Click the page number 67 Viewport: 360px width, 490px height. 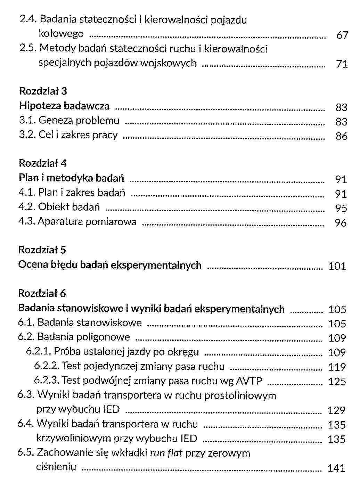click(x=342, y=35)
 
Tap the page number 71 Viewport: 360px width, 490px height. click(x=342, y=64)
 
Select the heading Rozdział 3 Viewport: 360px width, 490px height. click(x=43, y=91)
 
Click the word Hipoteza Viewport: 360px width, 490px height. click(x=40, y=106)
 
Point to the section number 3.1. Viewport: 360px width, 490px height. click(x=27, y=121)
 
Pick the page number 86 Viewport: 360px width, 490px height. click(x=341, y=136)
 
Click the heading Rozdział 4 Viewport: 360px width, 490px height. click(x=43, y=163)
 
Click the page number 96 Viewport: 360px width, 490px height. click(x=341, y=223)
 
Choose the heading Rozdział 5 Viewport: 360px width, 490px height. click(x=42, y=250)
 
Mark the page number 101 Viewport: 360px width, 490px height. click(x=337, y=267)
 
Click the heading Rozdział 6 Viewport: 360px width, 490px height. click(x=42, y=293)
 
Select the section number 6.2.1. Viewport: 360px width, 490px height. click(x=38, y=352)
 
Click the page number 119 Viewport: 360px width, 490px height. click(x=337, y=367)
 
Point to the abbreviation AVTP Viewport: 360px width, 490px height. click(x=249, y=381)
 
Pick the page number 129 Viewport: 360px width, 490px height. click(x=336, y=411)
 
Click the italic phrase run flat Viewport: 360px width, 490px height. click(x=166, y=453)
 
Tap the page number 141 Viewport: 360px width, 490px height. click(x=336, y=468)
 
